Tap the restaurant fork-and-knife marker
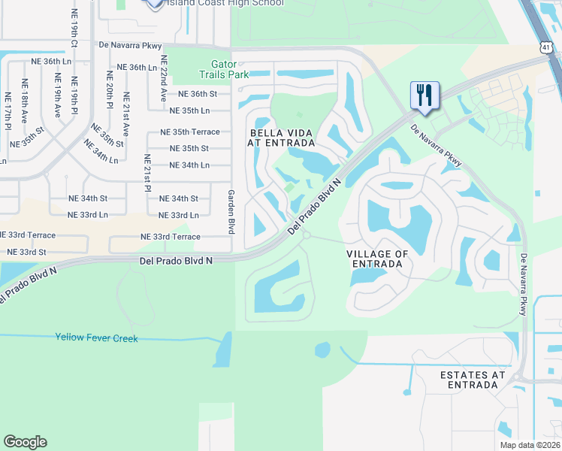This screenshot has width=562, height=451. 425,95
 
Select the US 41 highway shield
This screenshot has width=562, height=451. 546,47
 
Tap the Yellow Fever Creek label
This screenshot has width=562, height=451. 97,338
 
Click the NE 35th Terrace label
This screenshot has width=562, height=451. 190,132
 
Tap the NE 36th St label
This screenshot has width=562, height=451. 192,94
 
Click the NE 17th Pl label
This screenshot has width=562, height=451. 8,108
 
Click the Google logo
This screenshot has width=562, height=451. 25,442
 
